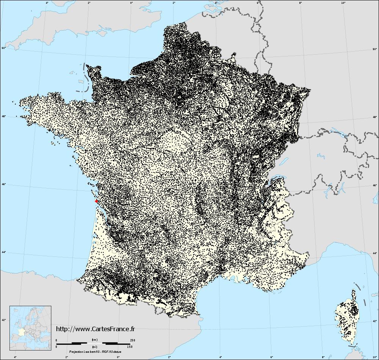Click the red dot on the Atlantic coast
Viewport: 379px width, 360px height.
tap(97, 201)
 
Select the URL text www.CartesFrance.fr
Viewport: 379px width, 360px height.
tap(95, 329)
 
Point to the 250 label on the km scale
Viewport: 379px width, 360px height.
tap(132, 340)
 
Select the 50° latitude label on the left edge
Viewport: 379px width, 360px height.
tap(3, 48)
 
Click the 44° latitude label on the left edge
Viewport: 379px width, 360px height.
tap(3, 252)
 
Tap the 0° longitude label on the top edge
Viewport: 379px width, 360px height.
tap(132, 3)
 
